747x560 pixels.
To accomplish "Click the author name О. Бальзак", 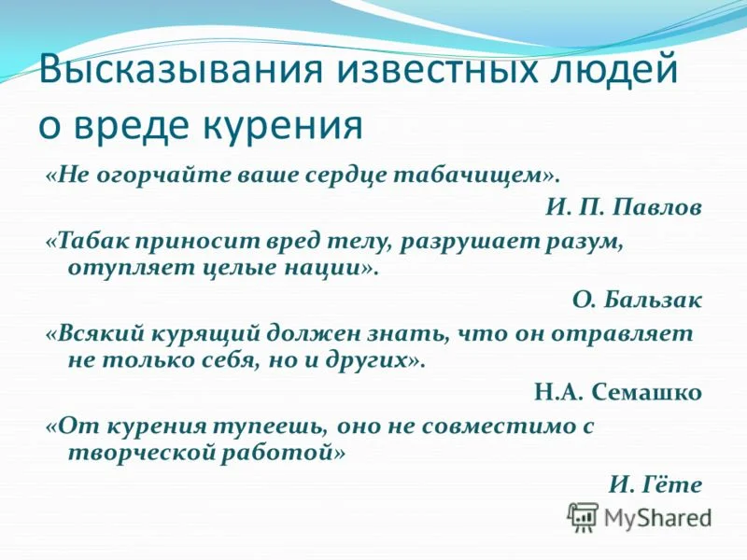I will [x=637, y=301].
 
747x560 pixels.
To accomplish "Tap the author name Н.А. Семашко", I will [x=617, y=392].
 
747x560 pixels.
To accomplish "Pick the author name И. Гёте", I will [x=655, y=483].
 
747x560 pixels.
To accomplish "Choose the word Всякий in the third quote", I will [x=95, y=333].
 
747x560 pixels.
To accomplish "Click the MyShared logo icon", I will [x=584, y=516].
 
